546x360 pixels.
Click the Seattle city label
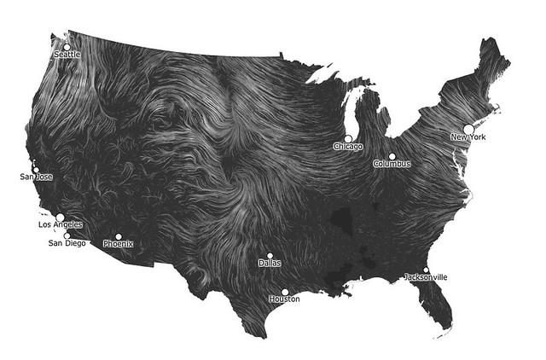coord(67,55)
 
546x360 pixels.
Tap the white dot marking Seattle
coord(66,47)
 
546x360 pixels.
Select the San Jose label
coord(36,177)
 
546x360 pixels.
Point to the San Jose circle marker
coord(36,169)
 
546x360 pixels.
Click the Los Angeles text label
coord(61,224)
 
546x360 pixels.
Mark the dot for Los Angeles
coord(60,217)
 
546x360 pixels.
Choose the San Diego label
coord(66,243)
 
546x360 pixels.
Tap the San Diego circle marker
coord(67,235)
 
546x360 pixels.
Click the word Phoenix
coord(119,244)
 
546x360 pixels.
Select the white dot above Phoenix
coord(119,236)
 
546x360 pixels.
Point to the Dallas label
coord(270,264)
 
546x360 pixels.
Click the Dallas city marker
coord(270,255)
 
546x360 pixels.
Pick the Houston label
coord(284,299)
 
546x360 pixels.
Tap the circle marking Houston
coord(285,292)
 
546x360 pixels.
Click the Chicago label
coord(348,147)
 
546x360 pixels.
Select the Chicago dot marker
coord(348,138)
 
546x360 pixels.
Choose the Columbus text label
coord(392,164)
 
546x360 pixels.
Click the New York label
coord(469,136)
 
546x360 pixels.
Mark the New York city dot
coord(468,129)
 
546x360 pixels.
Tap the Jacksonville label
coord(426,277)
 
